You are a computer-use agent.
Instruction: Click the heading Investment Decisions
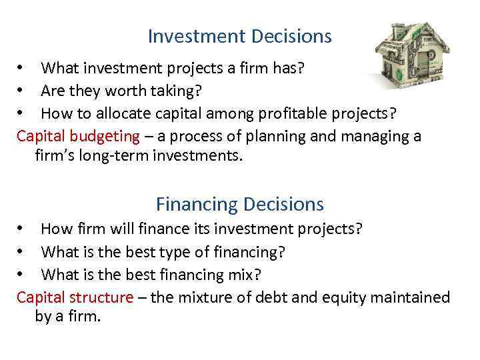pyautogui.click(x=239, y=36)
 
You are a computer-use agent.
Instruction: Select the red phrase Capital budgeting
pyautogui.click(x=78, y=137)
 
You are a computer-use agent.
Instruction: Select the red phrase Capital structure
pyautogui.click(x=75, y=297)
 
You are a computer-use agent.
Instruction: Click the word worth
pyautogui.click(x=117, y=90)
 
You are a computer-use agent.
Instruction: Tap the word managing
pyautogui.click(x=379, y=137)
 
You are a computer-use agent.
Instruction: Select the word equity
pyautogui.click(x=350, y=297)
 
